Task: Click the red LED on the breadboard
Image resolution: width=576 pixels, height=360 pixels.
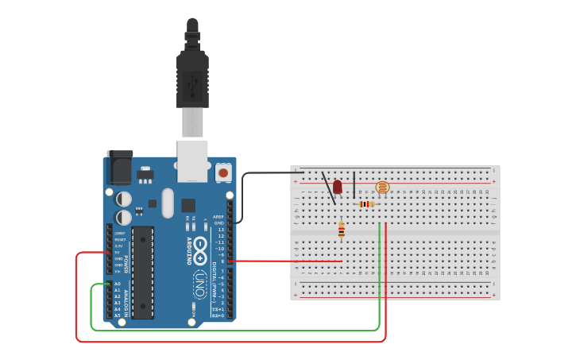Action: click(338, 187)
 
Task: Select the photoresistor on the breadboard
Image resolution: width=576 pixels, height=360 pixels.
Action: click(383, 188)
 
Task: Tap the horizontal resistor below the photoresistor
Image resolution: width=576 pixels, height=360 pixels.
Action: click(366, 204)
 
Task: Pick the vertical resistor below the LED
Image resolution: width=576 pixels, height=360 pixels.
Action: click(342, 230)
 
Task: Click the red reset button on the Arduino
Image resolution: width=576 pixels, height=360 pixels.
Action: click(223, 172)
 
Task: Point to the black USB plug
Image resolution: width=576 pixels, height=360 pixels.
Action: click(192, 75)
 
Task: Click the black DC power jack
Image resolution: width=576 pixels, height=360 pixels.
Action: click(120, 169)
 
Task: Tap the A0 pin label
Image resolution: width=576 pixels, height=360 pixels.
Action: click(117, 284)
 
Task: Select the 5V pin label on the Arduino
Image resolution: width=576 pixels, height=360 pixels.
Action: click(118, 253)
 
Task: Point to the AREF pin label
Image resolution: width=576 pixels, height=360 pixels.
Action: click(218, 216)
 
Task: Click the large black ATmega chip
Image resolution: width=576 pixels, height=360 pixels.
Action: click(143, 272)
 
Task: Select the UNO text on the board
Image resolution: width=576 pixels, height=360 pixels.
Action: click(200, 280)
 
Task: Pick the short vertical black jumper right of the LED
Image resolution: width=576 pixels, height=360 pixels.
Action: click(354, 184)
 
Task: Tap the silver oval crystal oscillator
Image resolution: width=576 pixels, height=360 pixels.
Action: click(167, 203)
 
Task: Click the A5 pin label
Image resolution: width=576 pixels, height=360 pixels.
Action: click(117, 315)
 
